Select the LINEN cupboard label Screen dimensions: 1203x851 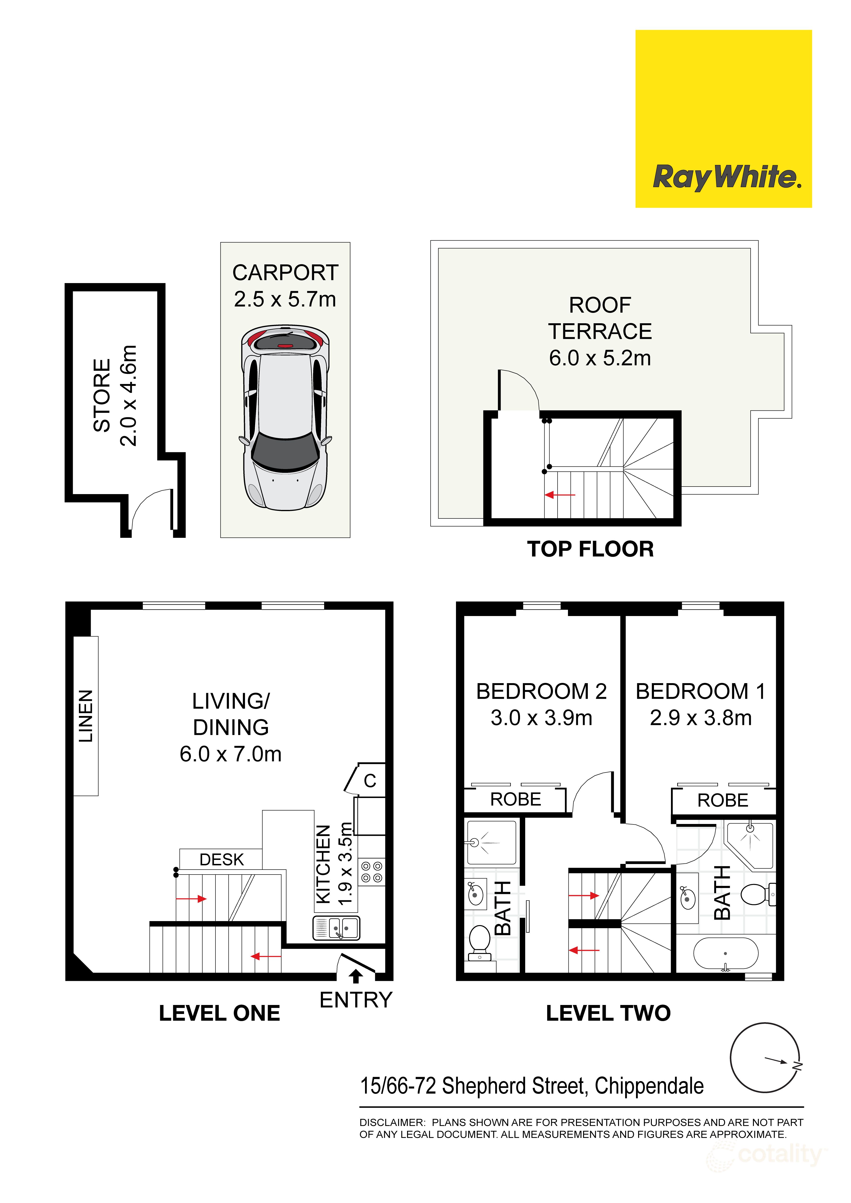pos(86,716)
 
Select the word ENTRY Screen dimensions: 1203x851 pos(356,1000)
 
